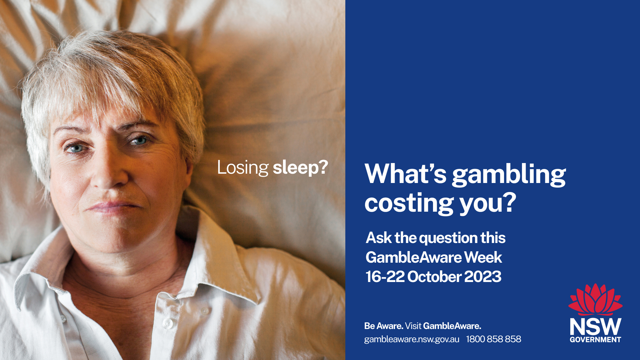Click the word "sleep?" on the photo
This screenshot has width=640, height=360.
pyautogui.click(x=300, y=168)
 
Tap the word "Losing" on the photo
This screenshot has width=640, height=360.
pyautogui.click(x=243, y=168)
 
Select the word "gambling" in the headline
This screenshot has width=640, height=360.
pyautogui.click(x=509, y=175)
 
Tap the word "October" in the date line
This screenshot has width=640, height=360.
pyautogui.click(x=434, y=277)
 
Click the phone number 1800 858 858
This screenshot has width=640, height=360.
pyautogui.click(x=493, y=339)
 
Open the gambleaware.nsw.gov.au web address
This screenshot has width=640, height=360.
pyautogui.click(x=412, y=339)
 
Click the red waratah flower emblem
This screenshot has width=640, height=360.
pyautogui.click(x=595, y=299)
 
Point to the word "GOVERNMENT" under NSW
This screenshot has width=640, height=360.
pyautogui.click(x=595, y=340)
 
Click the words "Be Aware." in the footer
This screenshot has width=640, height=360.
pyautogui.click(x=384, y=326)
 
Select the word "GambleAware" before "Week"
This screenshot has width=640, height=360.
pyautogui.click(x=414, y=257)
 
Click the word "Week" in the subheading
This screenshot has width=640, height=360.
pyautogui.click(x=483, y=257)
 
